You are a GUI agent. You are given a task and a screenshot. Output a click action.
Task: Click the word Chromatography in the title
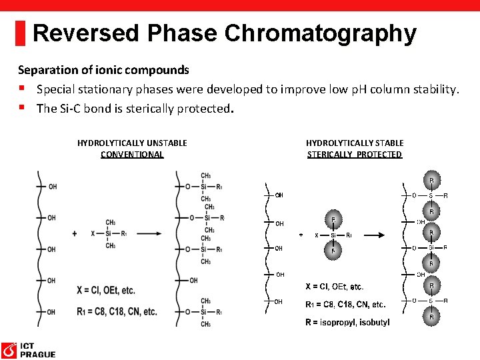[x=321, y=33]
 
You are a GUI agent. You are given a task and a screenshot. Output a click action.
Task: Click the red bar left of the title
[x=21, y=33]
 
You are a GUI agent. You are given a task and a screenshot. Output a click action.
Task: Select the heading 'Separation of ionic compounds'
[x=103, y=70]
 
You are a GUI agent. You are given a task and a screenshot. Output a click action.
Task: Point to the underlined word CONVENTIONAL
[x=132, y=155]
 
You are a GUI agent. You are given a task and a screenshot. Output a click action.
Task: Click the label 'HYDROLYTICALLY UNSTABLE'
[x=132, y=143]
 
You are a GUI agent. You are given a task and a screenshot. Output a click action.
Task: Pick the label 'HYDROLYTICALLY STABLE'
[x=355, y=143]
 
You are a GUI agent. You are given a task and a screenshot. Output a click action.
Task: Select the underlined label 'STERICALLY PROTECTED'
[x=355, y=155]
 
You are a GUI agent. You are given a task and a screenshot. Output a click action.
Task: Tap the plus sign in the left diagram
[x=74, y=233]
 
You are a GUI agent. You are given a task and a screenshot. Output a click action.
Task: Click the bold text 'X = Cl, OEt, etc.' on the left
[x=105, y=290]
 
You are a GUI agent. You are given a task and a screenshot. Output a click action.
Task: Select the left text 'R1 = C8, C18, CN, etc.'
[x=117, y=311]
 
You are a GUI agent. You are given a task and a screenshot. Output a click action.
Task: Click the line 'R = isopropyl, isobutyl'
[x=347, y=323]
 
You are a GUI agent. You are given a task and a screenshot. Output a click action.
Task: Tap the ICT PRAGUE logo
[x=28, y=349]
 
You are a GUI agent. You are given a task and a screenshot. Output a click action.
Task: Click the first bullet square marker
[x=22, y=89]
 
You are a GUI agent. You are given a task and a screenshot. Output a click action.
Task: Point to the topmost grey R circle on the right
[x=431, y=181]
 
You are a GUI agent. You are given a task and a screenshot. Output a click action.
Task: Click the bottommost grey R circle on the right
[x=431, y=317]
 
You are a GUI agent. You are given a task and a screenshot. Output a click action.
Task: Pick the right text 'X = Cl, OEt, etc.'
[x=334, y=287]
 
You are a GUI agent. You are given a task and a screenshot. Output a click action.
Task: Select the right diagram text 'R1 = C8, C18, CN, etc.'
[x=345, y=305]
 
